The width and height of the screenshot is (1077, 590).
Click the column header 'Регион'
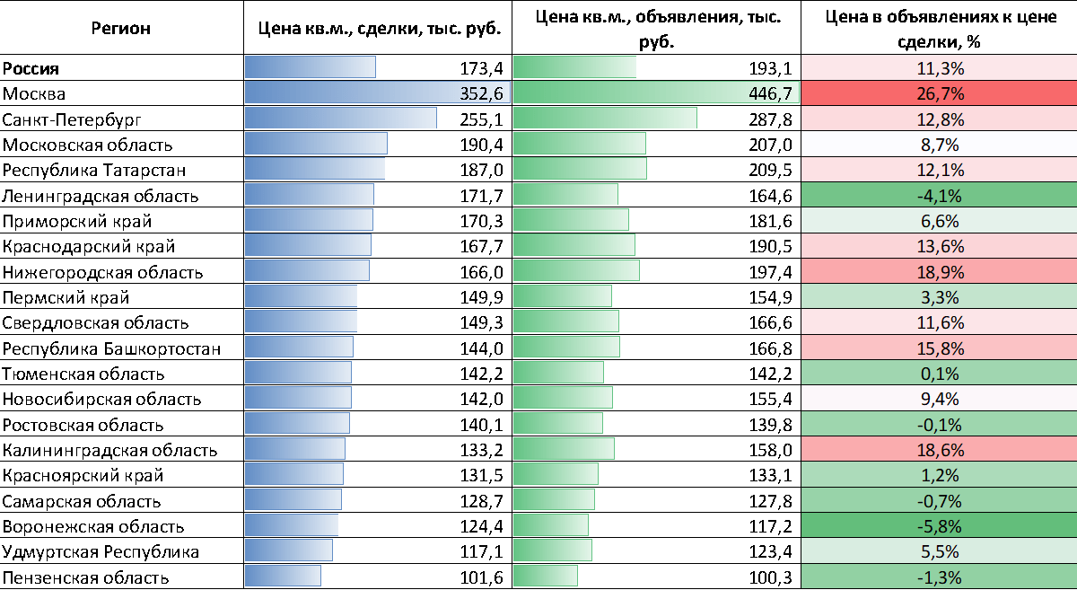coord(121,28)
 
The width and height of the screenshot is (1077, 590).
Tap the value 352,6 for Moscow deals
coord(485,93)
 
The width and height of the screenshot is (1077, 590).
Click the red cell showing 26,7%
coord(939,93)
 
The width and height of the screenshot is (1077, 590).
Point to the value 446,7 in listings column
coord(772,93)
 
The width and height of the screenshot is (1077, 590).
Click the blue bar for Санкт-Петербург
coord(341,119)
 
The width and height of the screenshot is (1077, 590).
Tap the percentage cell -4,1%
coord(939,195)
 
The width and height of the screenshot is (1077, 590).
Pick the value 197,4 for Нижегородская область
coord(772,271)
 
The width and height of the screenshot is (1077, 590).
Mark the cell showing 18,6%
coord(939,449)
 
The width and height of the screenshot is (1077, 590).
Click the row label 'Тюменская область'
coord(83,374)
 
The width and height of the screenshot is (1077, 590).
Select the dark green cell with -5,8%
coord(939,526)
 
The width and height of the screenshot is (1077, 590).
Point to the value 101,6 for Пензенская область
coord(485,577)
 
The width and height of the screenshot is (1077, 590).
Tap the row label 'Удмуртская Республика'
coord(101,551)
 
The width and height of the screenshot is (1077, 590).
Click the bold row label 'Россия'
coord(31,68)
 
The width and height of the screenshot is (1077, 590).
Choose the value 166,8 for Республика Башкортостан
coord(772,348)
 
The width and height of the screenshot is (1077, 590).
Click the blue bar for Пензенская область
coord(283,577)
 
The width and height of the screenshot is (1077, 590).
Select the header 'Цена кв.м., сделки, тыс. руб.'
coord(378,28)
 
